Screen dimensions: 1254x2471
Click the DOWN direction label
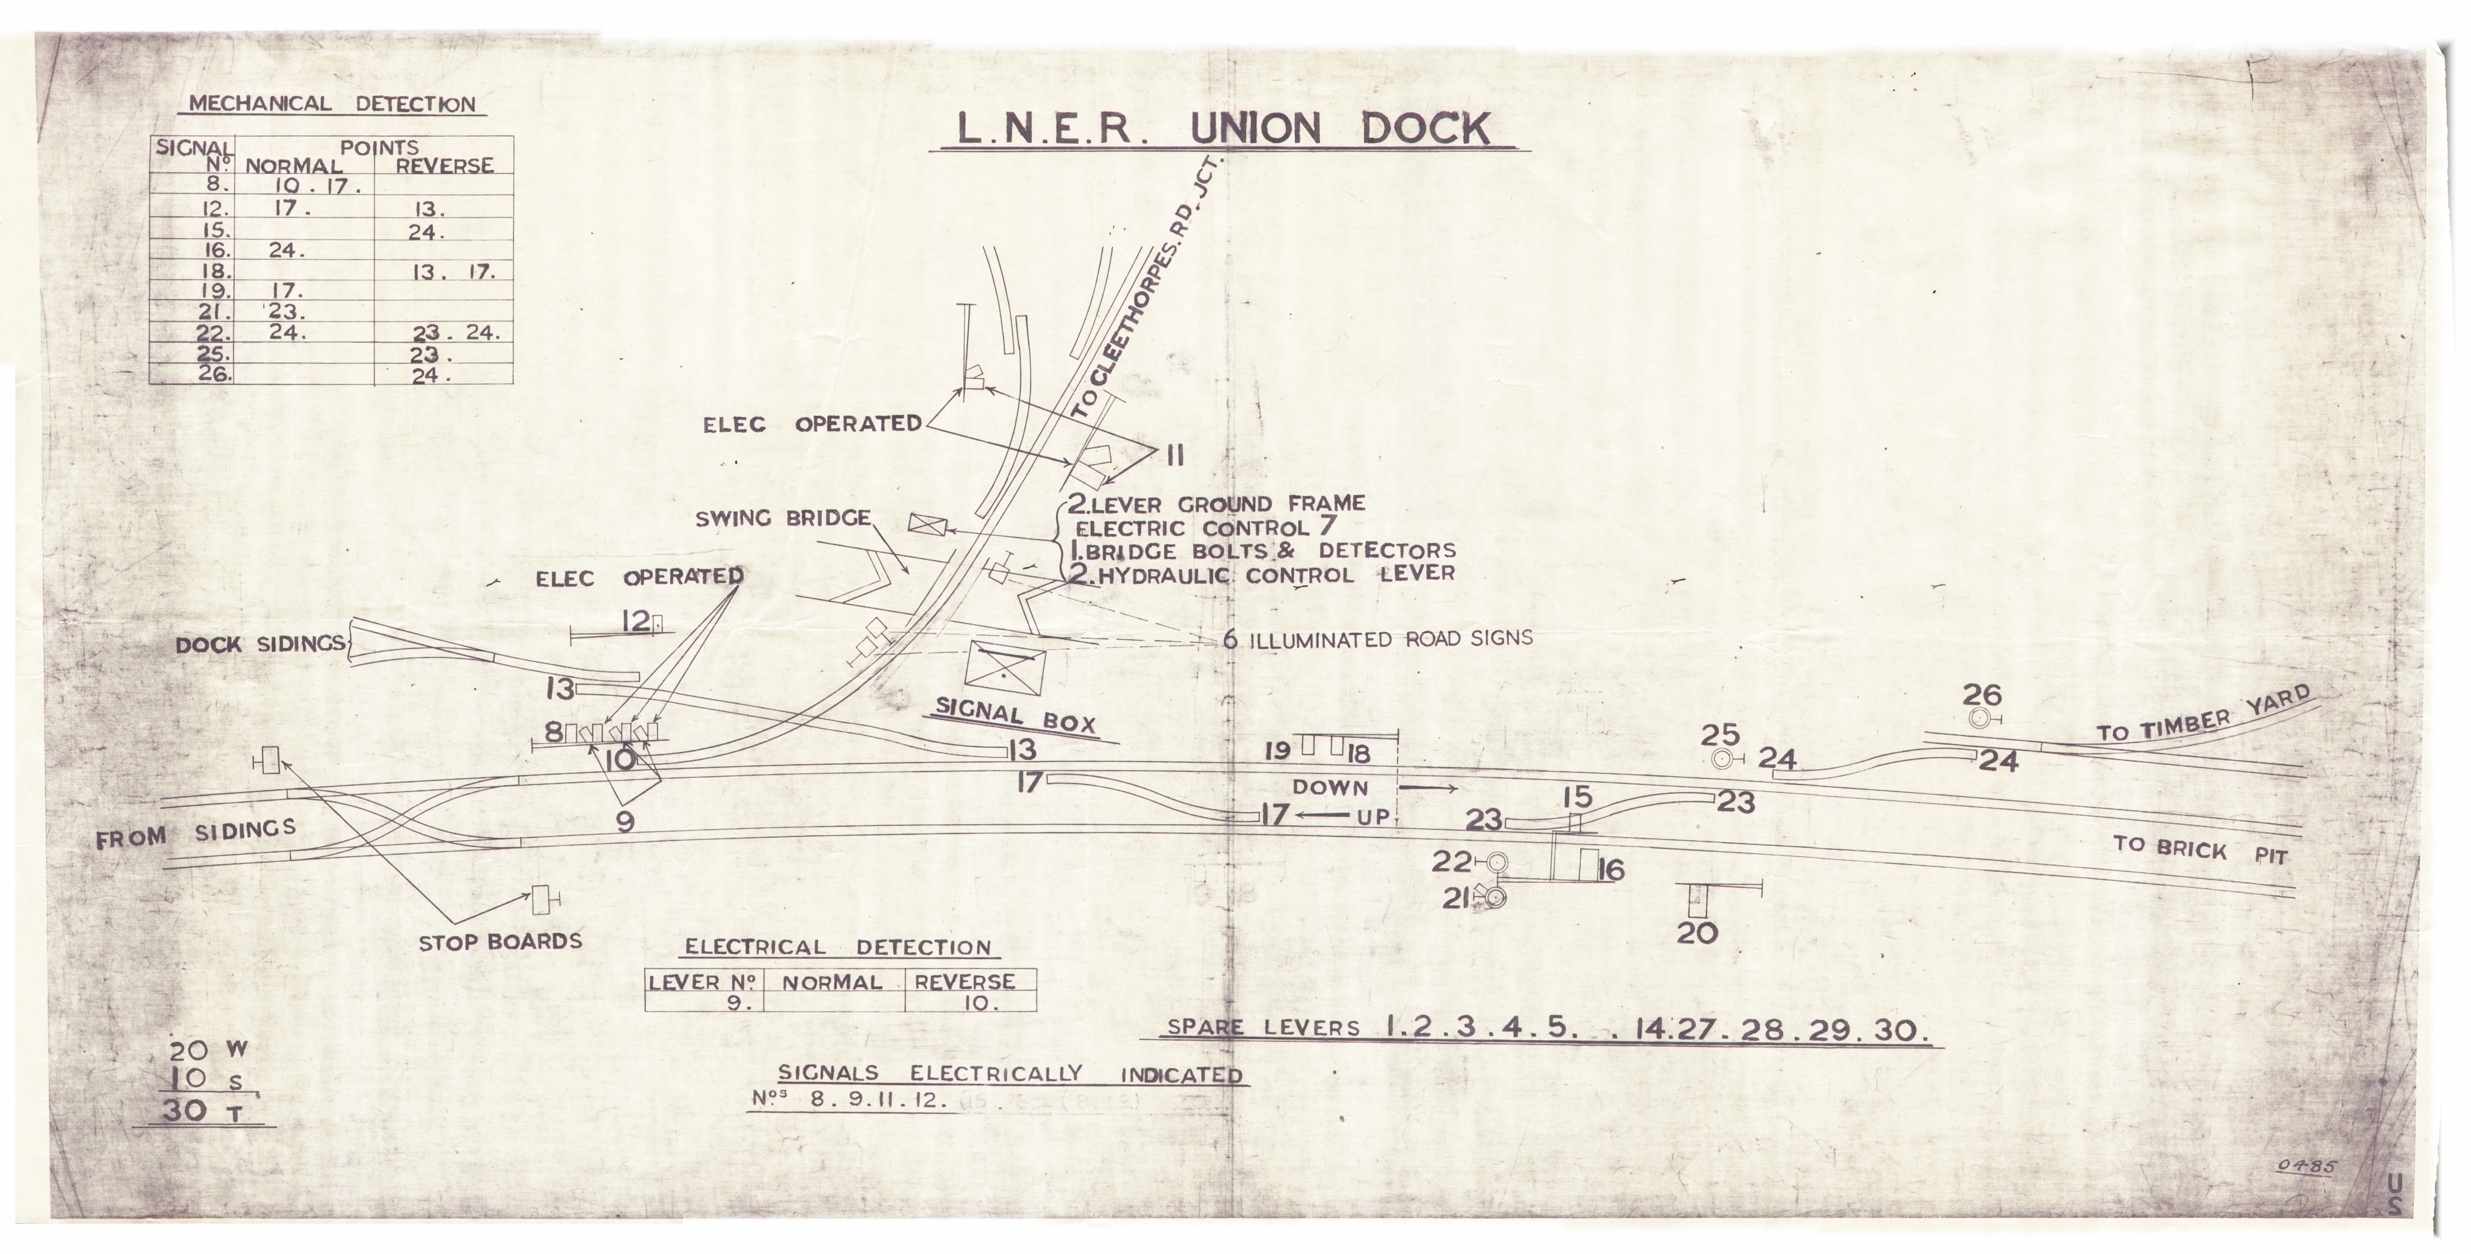(x=1329, y=788)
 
